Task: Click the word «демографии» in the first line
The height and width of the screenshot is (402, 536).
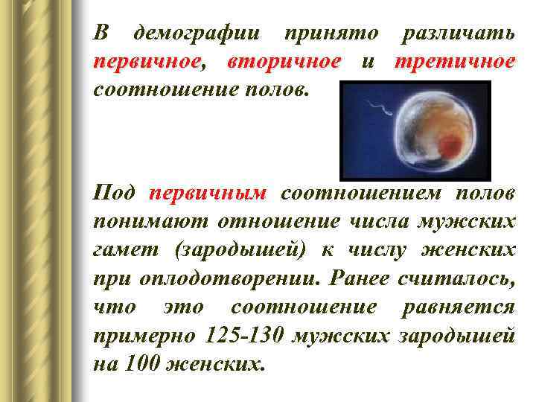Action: pos(196,33)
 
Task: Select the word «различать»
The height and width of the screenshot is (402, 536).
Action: pos(457,33)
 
